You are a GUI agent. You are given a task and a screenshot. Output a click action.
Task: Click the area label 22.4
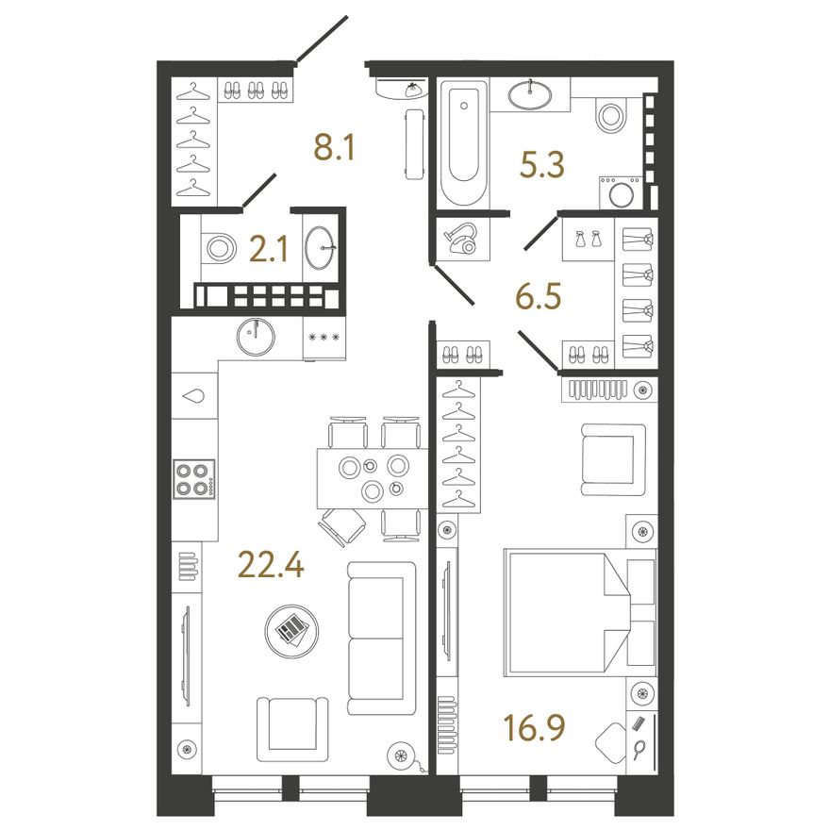pos(271,565)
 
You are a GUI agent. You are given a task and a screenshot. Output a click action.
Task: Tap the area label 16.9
pos(534,728)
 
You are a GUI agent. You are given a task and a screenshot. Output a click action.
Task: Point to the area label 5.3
pos(542,165)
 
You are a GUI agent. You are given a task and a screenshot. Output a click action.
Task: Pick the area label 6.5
pos(539,296)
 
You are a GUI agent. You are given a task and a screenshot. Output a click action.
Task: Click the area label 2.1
pos(269,250)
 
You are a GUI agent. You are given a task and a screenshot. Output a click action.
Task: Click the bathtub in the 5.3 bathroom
pos(464,143)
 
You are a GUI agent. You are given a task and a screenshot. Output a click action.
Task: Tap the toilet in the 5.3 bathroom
pos(611,114)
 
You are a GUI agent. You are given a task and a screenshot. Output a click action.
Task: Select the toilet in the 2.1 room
pos(218,248)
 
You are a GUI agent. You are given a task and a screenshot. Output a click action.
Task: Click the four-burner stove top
pos(194,479)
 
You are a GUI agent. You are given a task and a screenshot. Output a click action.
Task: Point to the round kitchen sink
pos(256,337)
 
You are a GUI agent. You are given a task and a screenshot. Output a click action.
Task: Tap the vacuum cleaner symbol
pos(461,240)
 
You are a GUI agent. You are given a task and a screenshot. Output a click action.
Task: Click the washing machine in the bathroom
pos(621,192)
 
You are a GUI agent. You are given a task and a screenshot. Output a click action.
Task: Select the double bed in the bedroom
pos(581,612)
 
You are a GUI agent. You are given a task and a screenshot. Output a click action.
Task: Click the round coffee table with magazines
pos(291,631)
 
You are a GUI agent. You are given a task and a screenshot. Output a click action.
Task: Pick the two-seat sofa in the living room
pos(382,639)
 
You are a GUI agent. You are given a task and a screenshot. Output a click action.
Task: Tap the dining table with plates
pos(373,478)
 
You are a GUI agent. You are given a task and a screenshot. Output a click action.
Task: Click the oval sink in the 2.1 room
pos(322,247)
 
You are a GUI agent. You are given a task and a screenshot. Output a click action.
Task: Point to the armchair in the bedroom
pos(613,459)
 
